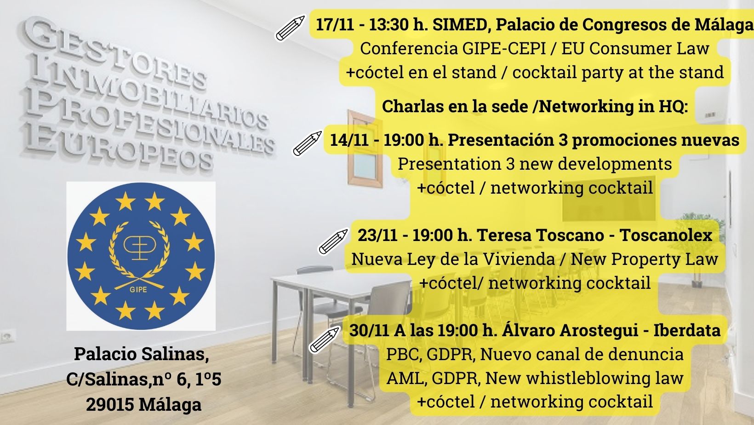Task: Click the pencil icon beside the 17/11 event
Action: click(x=290, y=28)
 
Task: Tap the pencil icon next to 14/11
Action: click(x=307, y=143)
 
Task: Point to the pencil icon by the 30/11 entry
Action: click(x=324, y=339)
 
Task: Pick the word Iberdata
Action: click(x=687, y=330)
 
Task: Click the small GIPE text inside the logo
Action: click(x=138, y=289)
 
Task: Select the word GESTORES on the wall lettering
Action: click(x=114, y=54)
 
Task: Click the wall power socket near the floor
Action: click(x=7, y=336)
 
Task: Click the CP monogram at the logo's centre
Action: click(x=139, y=247)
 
